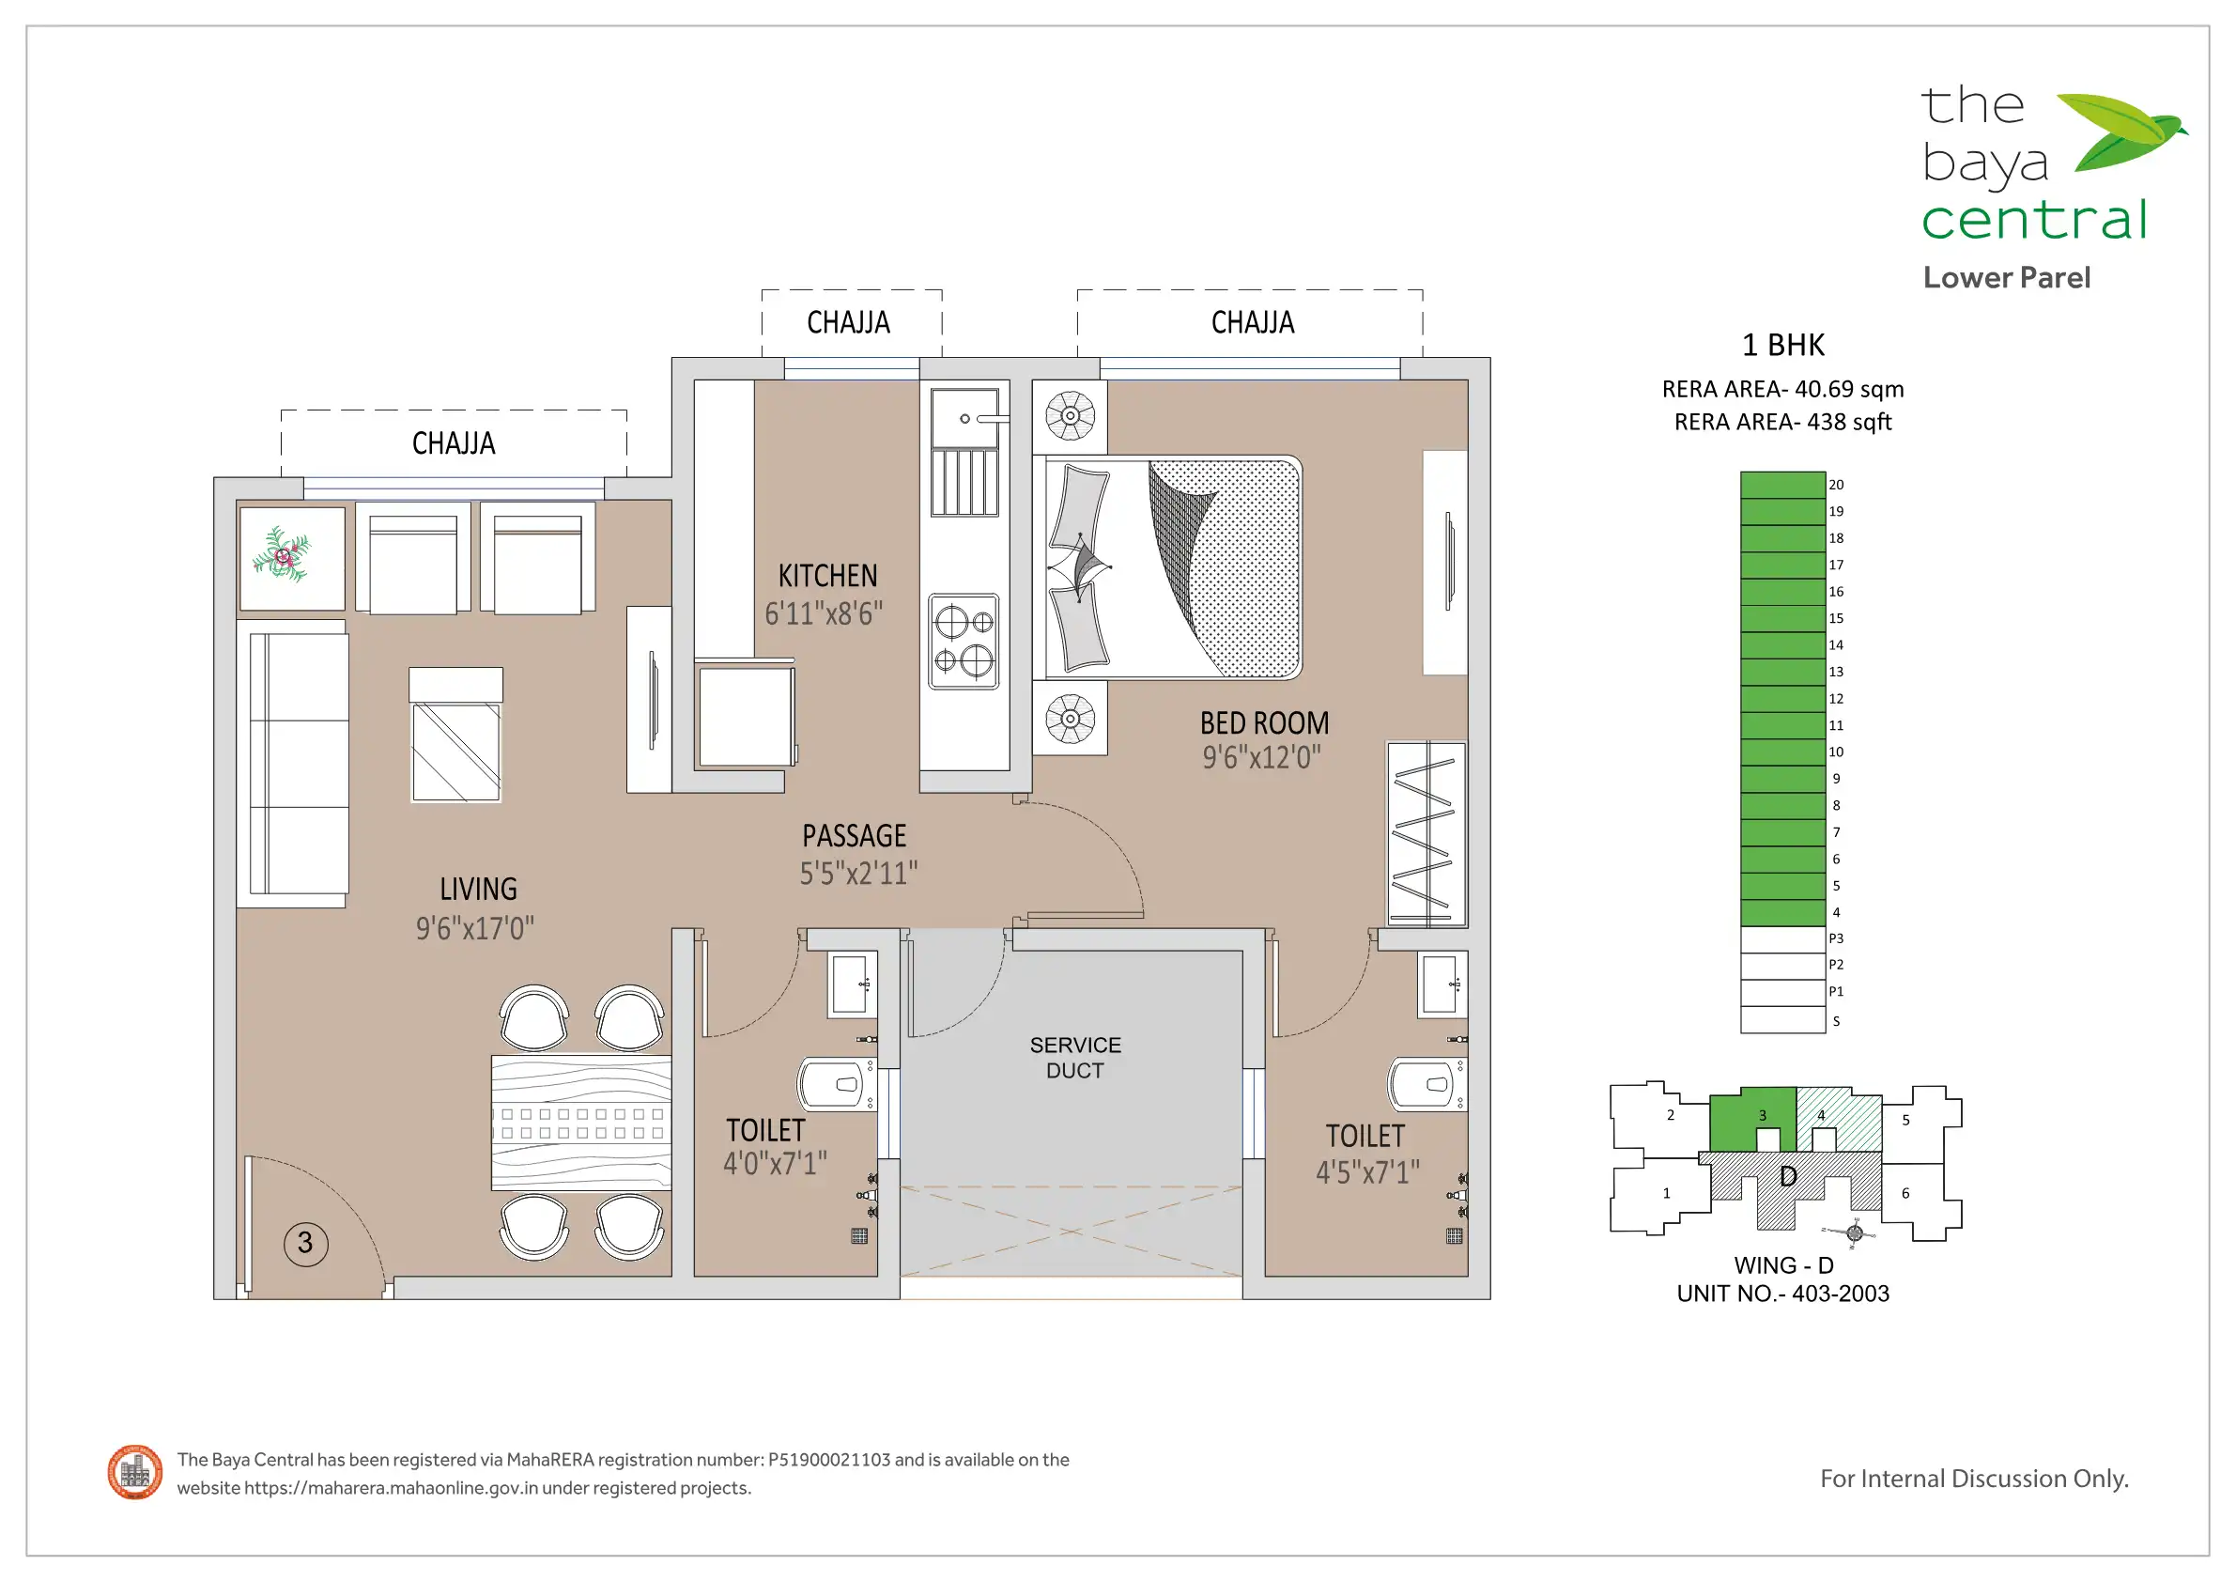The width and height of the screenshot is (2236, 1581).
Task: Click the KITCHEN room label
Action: (x=826, y=576)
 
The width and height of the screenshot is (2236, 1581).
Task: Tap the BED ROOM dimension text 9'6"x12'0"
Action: (x=1261, y=757)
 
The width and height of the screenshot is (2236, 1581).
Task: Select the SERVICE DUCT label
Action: (x=1075, y=1057)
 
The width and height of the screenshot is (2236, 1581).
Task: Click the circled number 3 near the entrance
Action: (x=305, y=1243)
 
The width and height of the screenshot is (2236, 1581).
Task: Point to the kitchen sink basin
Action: (x=964, y=419)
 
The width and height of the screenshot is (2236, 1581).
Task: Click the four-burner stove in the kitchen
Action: (x=964, y=641)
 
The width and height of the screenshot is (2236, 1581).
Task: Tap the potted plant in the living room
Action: (x=282, y=555)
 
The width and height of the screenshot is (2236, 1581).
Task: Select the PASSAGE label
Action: (x=854, y=836)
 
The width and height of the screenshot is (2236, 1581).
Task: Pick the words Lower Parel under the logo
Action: (x=2006, y=278)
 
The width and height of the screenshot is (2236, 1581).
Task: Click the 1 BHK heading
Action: (x=1782, y=345)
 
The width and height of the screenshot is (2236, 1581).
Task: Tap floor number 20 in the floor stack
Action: (x=1836, y=484)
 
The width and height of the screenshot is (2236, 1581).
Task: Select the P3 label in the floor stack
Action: (x=1836, y=938)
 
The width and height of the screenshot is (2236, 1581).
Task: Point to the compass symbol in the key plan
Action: (x=1854, y=1232)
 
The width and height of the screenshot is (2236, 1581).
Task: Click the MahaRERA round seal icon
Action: (x=135, y=1472)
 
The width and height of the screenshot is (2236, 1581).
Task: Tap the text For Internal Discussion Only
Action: (x=1974, y=1479)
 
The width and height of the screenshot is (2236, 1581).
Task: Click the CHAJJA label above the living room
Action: (x=453, y=443)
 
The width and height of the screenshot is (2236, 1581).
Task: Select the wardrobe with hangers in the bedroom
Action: (x=1426, y=835)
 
